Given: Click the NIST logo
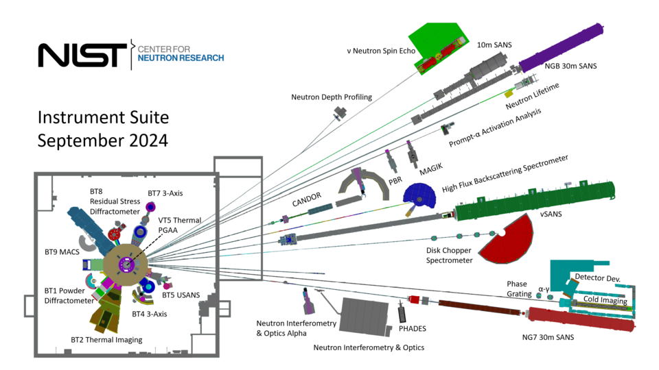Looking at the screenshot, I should point(82,55).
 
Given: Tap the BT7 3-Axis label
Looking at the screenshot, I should point(165,193).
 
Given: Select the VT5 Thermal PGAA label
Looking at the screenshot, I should point(180,225).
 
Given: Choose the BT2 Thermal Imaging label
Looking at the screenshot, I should point(106,339).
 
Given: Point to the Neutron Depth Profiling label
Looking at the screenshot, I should point(332,97).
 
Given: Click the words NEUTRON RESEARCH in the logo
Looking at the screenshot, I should point(181,59).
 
